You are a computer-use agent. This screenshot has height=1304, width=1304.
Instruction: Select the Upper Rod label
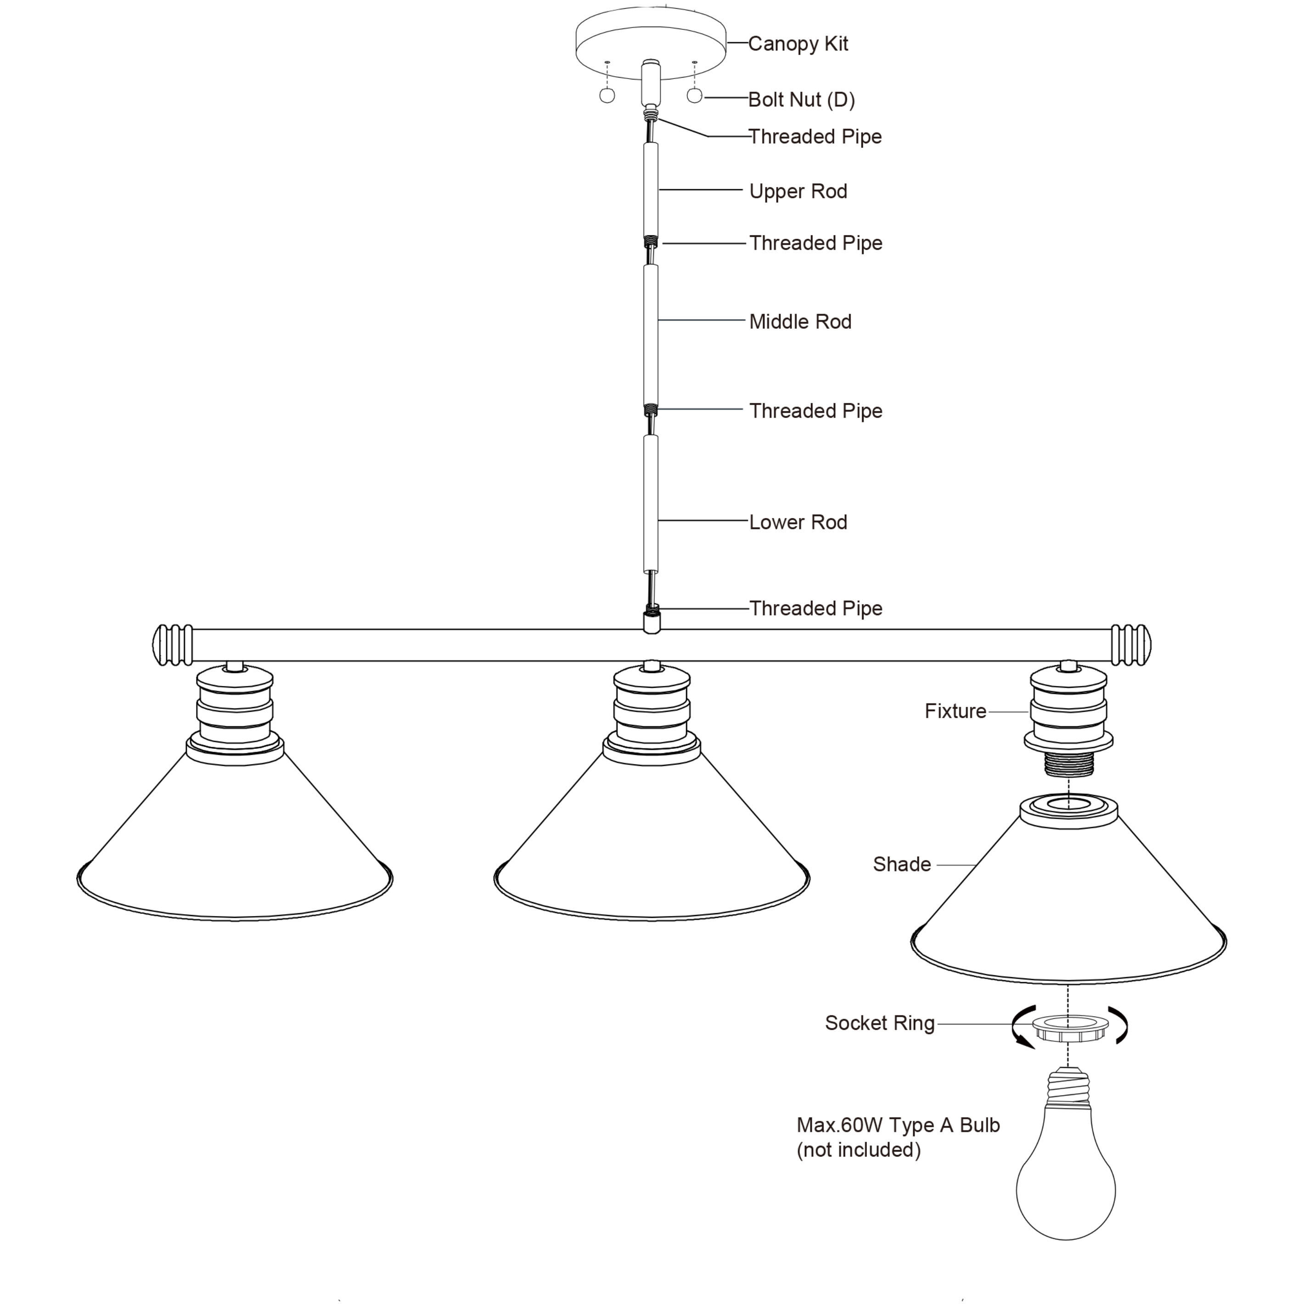point(798,191)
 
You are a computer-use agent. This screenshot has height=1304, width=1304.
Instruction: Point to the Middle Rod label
point(800,321)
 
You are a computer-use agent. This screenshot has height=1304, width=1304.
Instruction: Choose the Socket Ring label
point(879,1023)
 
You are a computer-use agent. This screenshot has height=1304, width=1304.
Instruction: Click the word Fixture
point(955,711)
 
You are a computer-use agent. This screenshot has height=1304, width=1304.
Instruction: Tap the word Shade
point(902,864)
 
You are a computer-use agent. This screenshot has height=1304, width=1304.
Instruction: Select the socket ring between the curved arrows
point(1070,1027)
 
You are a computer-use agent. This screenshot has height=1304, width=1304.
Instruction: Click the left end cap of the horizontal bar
point(173,645)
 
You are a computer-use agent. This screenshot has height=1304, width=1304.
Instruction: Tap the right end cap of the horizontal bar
point(1130,645)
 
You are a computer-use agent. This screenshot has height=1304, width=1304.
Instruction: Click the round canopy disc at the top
point(650,40)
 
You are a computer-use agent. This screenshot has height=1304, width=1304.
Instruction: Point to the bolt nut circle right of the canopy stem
point(694,96)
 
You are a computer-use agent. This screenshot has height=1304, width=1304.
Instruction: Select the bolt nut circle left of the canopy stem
point(607,96)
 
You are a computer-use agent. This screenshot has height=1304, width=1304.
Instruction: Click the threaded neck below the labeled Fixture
point(1068,764)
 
